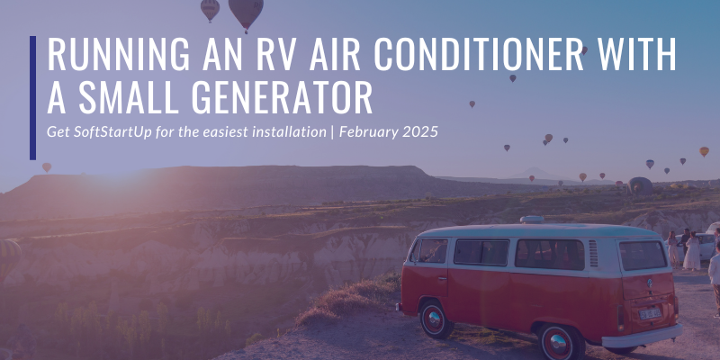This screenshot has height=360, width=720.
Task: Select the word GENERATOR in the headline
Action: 282,98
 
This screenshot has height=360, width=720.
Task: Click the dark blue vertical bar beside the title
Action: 32,98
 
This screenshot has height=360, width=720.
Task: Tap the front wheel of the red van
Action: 436,319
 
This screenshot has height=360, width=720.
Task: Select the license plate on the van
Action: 650,313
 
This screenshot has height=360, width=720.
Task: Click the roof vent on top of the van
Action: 532,220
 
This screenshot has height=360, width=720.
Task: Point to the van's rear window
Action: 643,255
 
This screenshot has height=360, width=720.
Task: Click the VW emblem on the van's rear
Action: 650,283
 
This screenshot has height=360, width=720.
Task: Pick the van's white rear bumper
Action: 643,336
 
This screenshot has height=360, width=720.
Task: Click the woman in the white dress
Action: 691,251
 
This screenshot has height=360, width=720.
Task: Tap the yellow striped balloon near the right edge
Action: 704,151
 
